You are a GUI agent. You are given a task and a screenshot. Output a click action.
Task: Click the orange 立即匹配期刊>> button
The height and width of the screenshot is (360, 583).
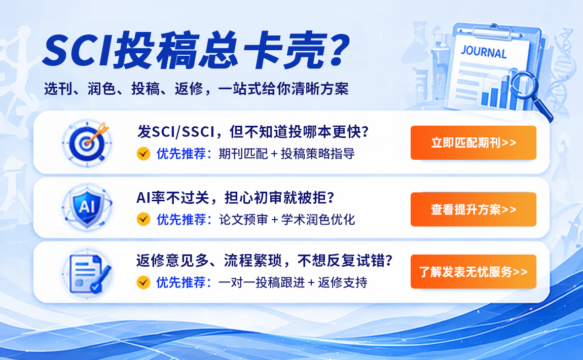[x=473, y=143]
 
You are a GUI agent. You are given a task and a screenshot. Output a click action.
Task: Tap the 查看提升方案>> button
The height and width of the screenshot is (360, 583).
[x=473, y=209]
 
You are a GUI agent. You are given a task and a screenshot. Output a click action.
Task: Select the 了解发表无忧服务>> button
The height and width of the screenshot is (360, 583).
[x=473, y=272]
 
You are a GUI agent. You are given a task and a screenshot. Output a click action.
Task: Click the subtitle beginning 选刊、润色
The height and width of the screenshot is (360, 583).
[x=196, y=89]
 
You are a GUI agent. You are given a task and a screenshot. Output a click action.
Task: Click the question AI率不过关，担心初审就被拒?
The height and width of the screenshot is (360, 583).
[x=236, y=197]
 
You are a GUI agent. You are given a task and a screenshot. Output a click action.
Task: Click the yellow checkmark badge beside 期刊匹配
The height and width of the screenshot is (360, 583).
[x=143, y=154]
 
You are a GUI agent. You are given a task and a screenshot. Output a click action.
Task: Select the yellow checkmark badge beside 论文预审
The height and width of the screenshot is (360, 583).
[x=143, y=219]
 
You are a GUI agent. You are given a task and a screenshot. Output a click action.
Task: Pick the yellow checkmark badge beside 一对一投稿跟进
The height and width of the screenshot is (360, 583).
[x=143, y=282]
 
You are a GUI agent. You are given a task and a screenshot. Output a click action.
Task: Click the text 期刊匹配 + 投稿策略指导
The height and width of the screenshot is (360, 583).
[x=286, y=154]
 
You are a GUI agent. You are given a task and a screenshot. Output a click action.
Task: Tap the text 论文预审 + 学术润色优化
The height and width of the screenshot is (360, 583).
[x=286, y=219]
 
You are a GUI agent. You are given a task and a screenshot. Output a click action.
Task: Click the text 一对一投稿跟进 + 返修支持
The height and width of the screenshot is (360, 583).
[x=293, y=282]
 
